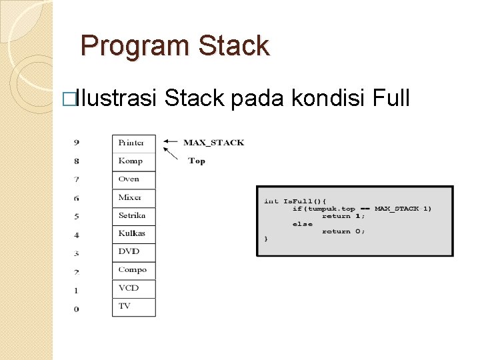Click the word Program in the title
125,46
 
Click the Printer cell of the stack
133,143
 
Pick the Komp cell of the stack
133,161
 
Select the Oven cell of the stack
133,179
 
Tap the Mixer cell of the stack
133,197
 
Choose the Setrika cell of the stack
133,216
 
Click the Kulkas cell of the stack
133,234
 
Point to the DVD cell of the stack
133,252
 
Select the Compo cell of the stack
133,270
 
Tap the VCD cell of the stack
133,288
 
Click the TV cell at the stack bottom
133,307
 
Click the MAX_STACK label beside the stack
213,142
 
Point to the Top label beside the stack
197,161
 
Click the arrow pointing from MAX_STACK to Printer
171,141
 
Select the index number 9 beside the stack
77,142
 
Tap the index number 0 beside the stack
77,309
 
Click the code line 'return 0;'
343,231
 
